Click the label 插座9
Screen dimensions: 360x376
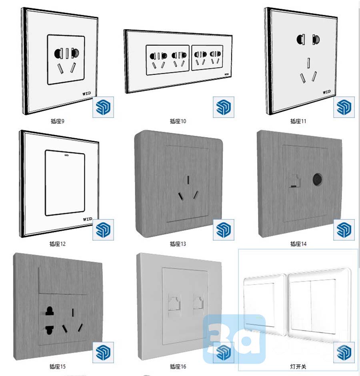(x=57, y=121)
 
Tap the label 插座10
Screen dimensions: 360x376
(x=178, y=121)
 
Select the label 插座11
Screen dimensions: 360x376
(x=298, y=121)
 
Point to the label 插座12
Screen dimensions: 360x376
(x=57, y=244)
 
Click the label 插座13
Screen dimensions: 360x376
(x=178, y=244)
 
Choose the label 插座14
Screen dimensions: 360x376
(x=298, y=244)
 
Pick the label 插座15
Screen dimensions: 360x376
(x=57, y=366)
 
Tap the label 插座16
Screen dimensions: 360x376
(x=178, y=366)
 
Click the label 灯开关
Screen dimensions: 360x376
(x=298, y=366)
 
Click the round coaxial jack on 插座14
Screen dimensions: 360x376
(x=317, y=180)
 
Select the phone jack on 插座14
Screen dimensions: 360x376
(x=294, y=181)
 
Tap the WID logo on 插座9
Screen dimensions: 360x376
(x=86, y=93)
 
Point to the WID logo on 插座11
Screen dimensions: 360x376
(x=327, y=92)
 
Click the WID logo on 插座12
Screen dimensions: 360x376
(x=88, y=219)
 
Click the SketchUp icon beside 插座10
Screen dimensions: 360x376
(x=224, y=107)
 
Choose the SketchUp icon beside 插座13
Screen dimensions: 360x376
(x=224, y=230)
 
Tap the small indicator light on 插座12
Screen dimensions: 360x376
(x=66, y=155)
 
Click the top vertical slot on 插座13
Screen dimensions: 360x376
(x=188, y=180)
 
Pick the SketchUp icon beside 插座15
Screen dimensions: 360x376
(x=103, y=352)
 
